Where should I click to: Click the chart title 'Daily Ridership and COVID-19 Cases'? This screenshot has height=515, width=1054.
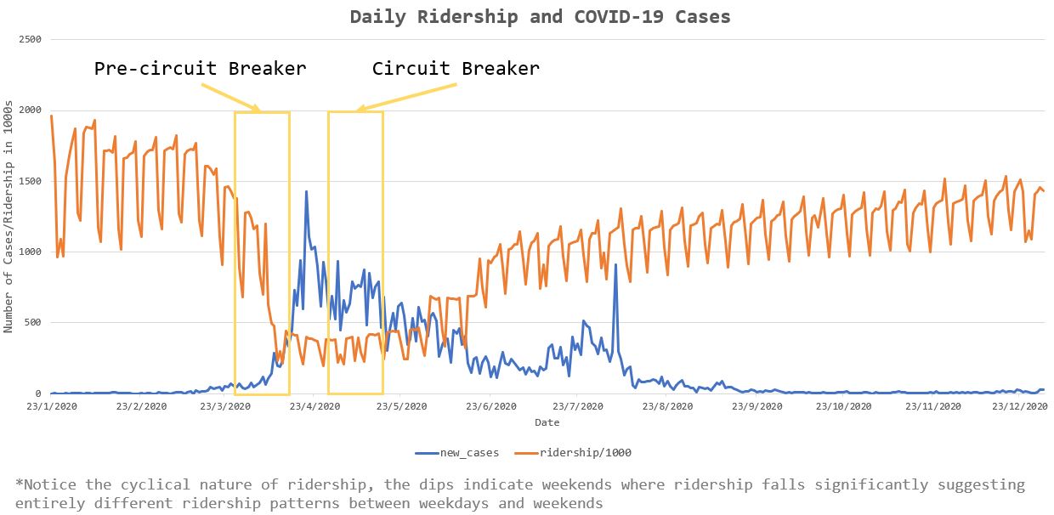point(541,17)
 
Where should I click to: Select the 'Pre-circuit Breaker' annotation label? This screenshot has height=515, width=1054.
point(201,69)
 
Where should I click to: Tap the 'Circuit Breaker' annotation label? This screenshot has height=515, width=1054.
point(456,69)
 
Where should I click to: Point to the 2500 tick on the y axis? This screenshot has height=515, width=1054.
point(30,39)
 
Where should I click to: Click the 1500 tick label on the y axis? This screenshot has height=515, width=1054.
point(30,181)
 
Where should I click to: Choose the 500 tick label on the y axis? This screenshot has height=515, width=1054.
point(33,323)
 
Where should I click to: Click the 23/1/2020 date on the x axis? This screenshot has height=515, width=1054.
point(52,406)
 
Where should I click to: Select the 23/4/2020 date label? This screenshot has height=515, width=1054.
point(314,406)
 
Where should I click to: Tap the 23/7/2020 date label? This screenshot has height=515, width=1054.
point(578,406)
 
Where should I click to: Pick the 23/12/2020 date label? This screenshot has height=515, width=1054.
point(1020,406)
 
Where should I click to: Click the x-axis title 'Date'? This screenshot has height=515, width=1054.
point(547,422)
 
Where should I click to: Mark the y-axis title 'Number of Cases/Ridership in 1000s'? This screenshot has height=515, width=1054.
point(8,217)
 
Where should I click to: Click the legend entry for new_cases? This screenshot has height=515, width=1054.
point(457,453)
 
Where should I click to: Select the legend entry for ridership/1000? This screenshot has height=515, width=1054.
point(573,453)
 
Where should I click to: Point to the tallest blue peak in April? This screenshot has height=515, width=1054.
point(306,191)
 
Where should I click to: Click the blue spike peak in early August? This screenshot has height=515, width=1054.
point(615,265)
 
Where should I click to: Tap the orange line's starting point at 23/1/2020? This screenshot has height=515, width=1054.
point(51,116)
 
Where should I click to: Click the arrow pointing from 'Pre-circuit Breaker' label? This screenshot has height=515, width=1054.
point(230,99)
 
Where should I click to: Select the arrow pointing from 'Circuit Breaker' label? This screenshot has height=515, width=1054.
point(405,98)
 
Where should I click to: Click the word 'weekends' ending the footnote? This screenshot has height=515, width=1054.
point(568,504)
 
